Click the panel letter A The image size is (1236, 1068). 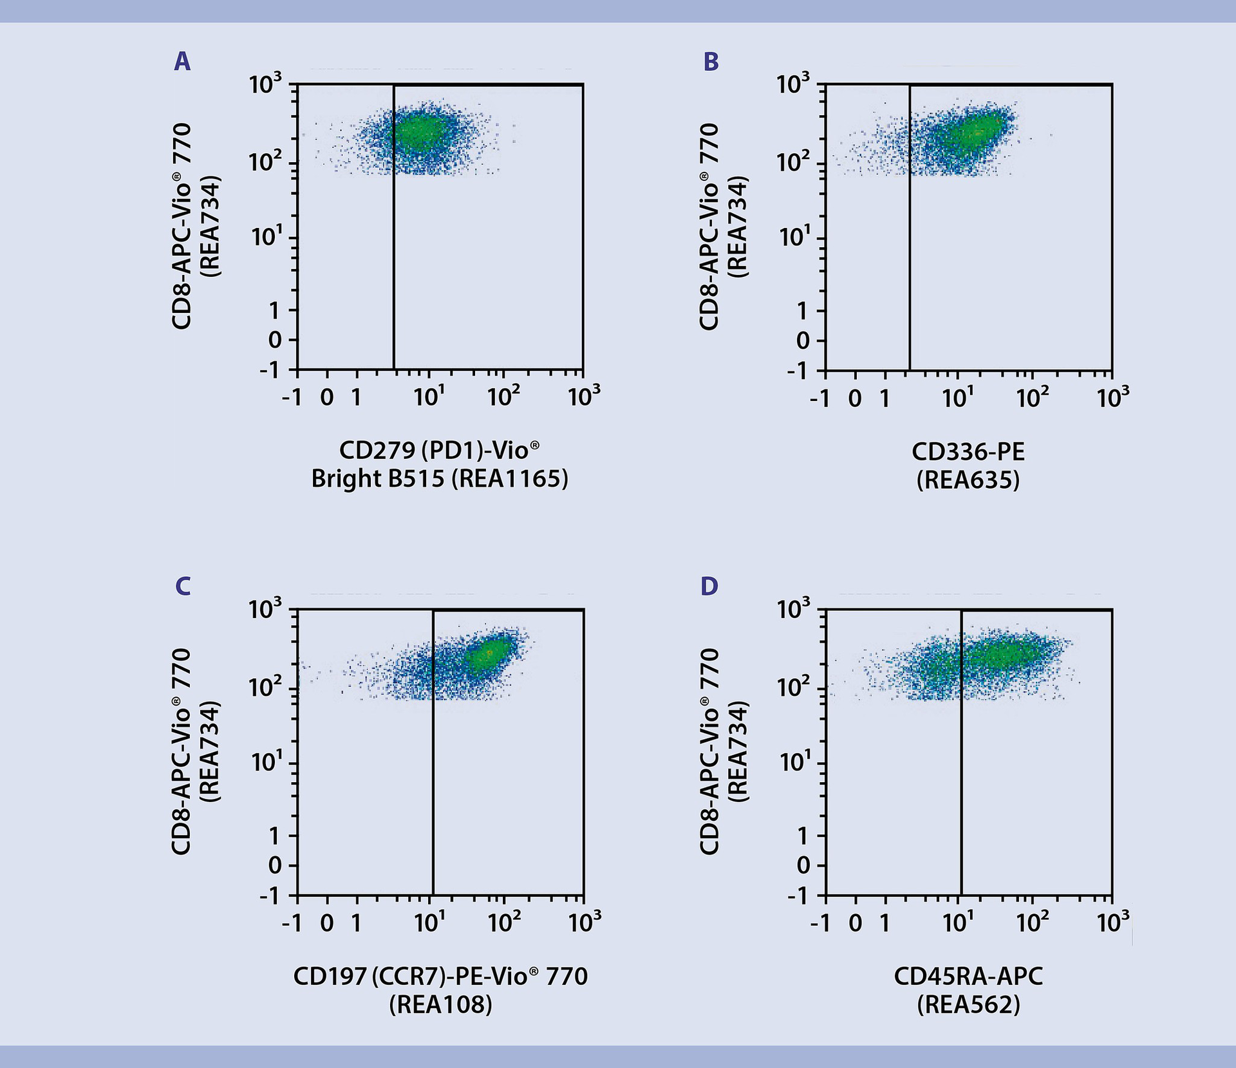[182, 62]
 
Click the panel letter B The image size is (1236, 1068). [711, 62]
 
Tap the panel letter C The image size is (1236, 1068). [183, 586]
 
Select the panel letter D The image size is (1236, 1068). [709, 586]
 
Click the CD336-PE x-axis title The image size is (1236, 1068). [968, 452]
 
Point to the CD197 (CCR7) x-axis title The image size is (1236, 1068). [440, 977]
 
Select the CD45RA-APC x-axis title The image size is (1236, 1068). [968, 977]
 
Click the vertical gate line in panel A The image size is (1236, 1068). [393, 258]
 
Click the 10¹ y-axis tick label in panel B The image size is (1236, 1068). [793, 238]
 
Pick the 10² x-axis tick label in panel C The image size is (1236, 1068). [503, 923]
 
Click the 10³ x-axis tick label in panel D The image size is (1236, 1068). [1112, 923]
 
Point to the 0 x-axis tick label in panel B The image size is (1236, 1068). [855, 398]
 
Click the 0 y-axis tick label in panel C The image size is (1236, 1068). [275, 865]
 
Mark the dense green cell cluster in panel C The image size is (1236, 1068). [488, 655]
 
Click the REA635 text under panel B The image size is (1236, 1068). [968, 480]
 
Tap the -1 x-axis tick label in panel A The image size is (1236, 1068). [292, 397]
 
